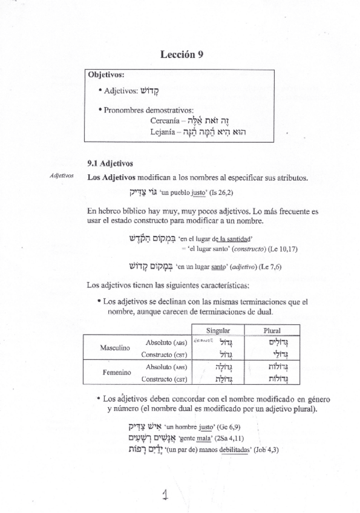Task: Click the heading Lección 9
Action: coord(181,54)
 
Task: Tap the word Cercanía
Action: coord(165,120)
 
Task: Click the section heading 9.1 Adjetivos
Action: coord(110,163)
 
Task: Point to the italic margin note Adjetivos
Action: coord(62,177)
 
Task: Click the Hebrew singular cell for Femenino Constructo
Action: coord(223,379)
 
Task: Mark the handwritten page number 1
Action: coord(165,495)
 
